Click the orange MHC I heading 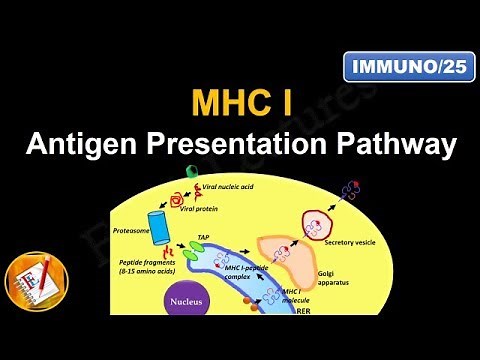(x=240, y=104)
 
